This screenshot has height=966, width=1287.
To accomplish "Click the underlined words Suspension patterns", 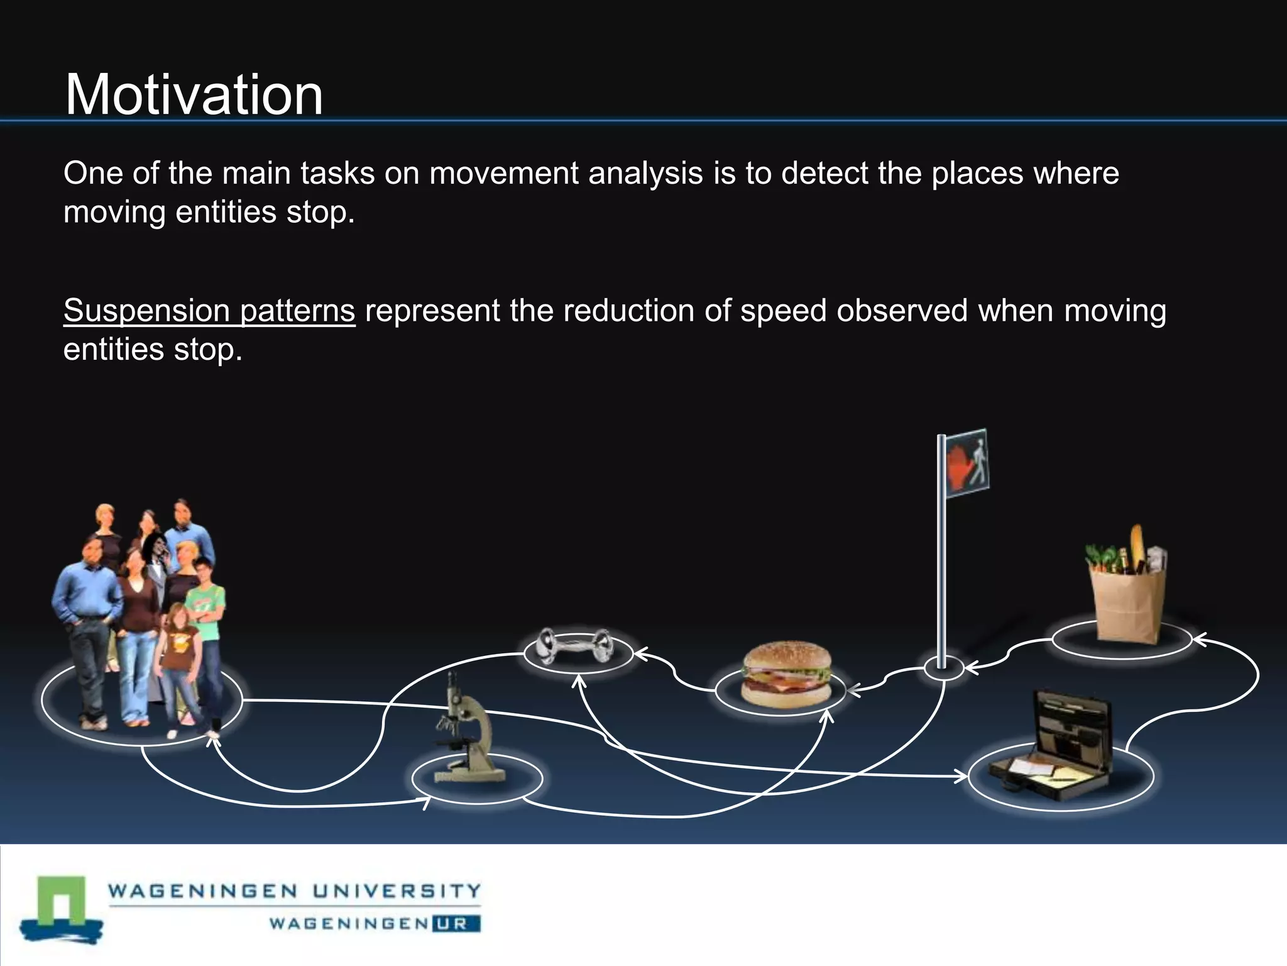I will pyautogui.click(x=209, y=311).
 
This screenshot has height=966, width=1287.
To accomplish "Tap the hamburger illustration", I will pyautogui.click(x=786, y=674).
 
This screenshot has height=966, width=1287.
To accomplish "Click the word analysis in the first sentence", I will pyautogui.click(x=645, y=174).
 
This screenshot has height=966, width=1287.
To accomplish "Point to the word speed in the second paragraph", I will pyautogui.click(x=783, y=311).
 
